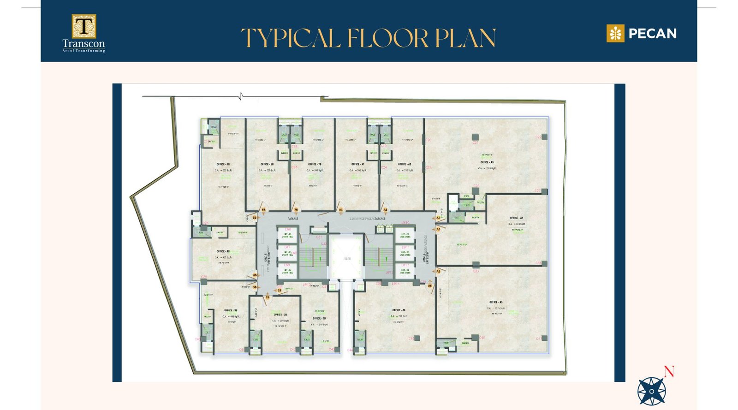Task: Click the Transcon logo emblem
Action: tap(83, 26)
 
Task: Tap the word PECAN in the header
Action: tap(652, 34)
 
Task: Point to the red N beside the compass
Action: tap(669, 371)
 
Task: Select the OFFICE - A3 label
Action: tap(487, 162)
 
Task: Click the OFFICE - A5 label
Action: tap(496, 303)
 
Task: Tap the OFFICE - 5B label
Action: tap(223, 164)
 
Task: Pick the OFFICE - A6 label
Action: tap(399, 310)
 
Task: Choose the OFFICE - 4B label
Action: tap(223, 251)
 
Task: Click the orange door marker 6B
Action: tap(264, 210)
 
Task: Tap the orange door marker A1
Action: tap(341, 210)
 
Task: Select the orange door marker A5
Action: tap(438, 271)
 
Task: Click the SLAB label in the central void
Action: tap(347, 259)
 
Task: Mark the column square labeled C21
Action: tap(475, 137)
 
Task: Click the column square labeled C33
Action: tap(476, 265)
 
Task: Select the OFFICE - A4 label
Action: tap(516, 218)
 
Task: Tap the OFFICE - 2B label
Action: tap(280, 315)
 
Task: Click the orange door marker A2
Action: tap(385, 210)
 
